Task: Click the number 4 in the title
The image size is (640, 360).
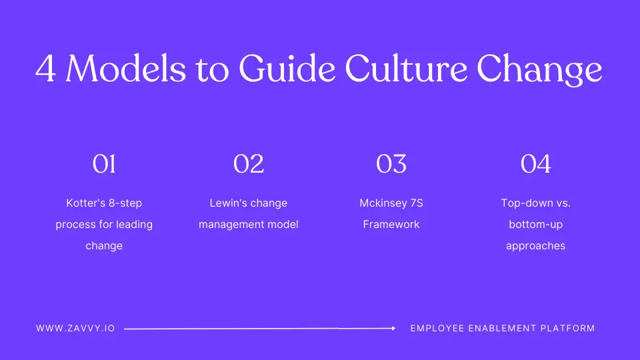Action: point(46,68)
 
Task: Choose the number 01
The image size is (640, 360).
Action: point(104,164)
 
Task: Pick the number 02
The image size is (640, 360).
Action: point(249,164)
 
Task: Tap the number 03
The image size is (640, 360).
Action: point(391,164)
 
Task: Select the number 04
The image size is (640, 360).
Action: point(536,164)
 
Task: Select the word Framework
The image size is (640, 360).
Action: point(391,225)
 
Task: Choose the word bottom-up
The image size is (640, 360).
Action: point(536,225)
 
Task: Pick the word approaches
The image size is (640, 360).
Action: point(536,246)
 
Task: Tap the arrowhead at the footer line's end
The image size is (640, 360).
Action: point(393,328)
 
